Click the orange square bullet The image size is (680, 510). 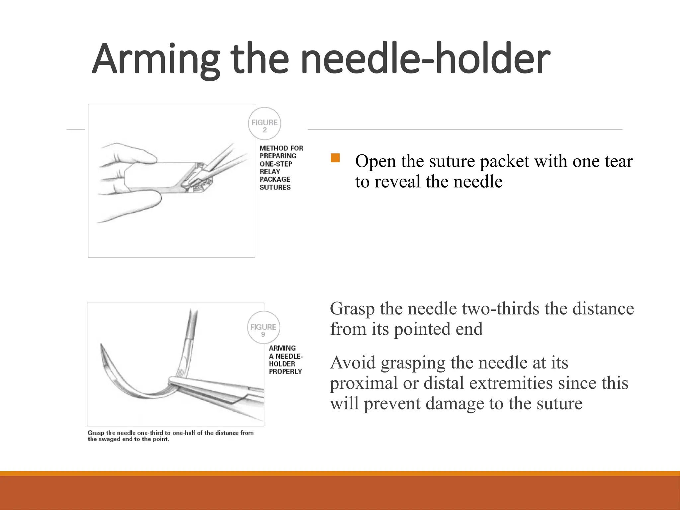335,158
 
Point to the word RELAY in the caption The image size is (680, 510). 270,172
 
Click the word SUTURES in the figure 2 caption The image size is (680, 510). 275,187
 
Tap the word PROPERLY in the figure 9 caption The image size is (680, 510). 286,372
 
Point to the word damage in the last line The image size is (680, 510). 455,404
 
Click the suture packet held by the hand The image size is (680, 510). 156,176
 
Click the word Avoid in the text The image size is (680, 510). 353,363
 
